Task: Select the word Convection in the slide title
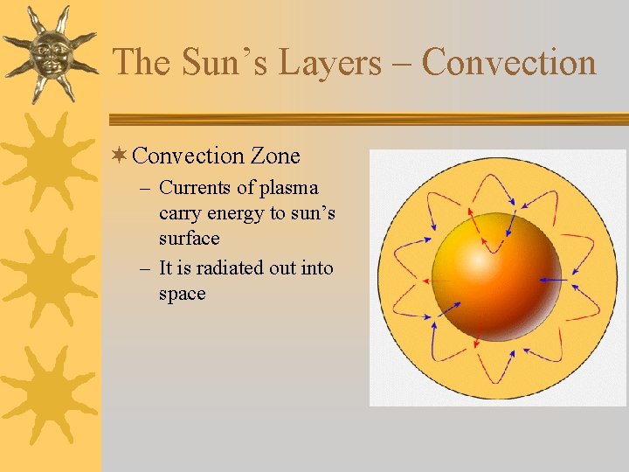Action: tap(508, 63)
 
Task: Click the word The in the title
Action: tap(141, 63)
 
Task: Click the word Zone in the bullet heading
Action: tap(275, 156)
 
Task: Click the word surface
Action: tap(189, 239)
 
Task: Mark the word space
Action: tap(182, 294)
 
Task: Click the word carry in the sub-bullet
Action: tap(180, 213)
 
